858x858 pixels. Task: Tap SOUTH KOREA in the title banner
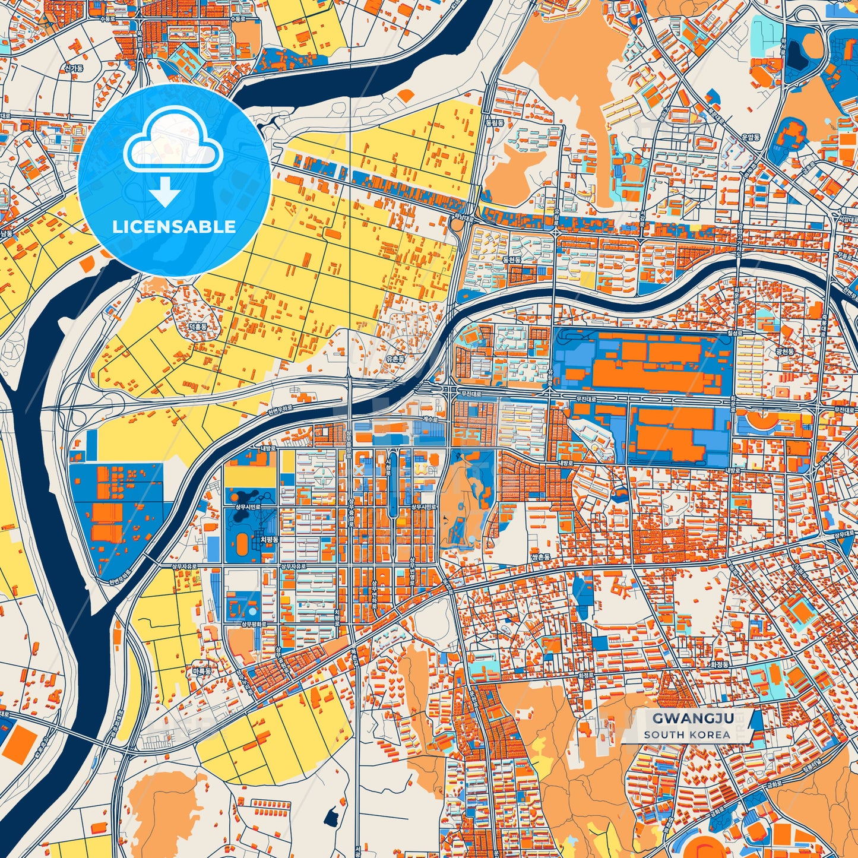coord(687,734)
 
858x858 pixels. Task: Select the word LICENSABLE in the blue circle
coord(174,227)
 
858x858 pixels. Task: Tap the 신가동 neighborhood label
coord(74,68)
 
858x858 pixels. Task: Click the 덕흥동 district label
coord(198,327)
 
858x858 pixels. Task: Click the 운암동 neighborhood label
coord(751,137)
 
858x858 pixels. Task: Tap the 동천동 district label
coord(511,259)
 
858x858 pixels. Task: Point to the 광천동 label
coord(784,352)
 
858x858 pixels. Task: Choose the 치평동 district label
coord(270,540)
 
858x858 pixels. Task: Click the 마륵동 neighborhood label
coord(201,671)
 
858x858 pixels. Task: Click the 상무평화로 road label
coord(254,625)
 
